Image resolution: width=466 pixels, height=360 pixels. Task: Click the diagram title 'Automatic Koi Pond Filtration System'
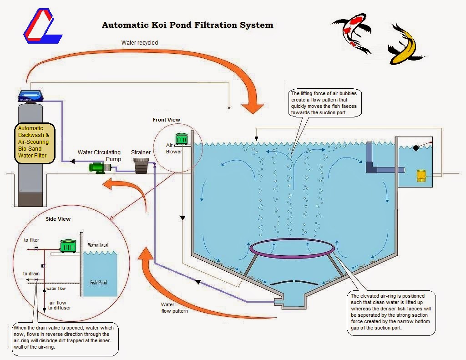(187, 25)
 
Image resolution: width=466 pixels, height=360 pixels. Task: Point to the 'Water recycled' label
(140, 43)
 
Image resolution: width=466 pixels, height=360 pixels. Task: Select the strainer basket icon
(142, 165)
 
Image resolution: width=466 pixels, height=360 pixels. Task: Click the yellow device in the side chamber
(421, 176)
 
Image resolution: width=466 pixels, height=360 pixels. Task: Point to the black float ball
(415, 147)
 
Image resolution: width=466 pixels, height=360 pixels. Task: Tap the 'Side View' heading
(58, 219)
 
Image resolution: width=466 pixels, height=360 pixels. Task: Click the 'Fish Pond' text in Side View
(99, 282)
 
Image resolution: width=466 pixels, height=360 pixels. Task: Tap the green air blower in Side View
(69, 246)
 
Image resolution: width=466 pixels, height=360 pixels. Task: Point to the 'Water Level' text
(99, 245)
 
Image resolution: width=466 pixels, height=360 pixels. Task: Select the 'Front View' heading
(167, 120)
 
